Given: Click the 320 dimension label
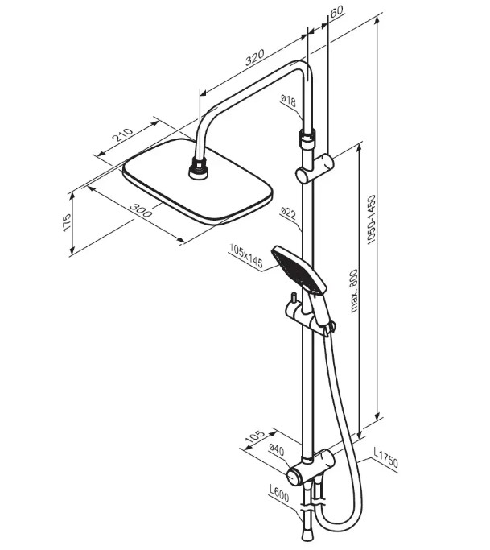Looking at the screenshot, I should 254,58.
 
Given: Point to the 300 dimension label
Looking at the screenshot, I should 139,213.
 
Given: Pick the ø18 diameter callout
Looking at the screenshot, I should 290,101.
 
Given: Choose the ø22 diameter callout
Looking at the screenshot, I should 289,213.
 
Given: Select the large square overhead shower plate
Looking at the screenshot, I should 197,192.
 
